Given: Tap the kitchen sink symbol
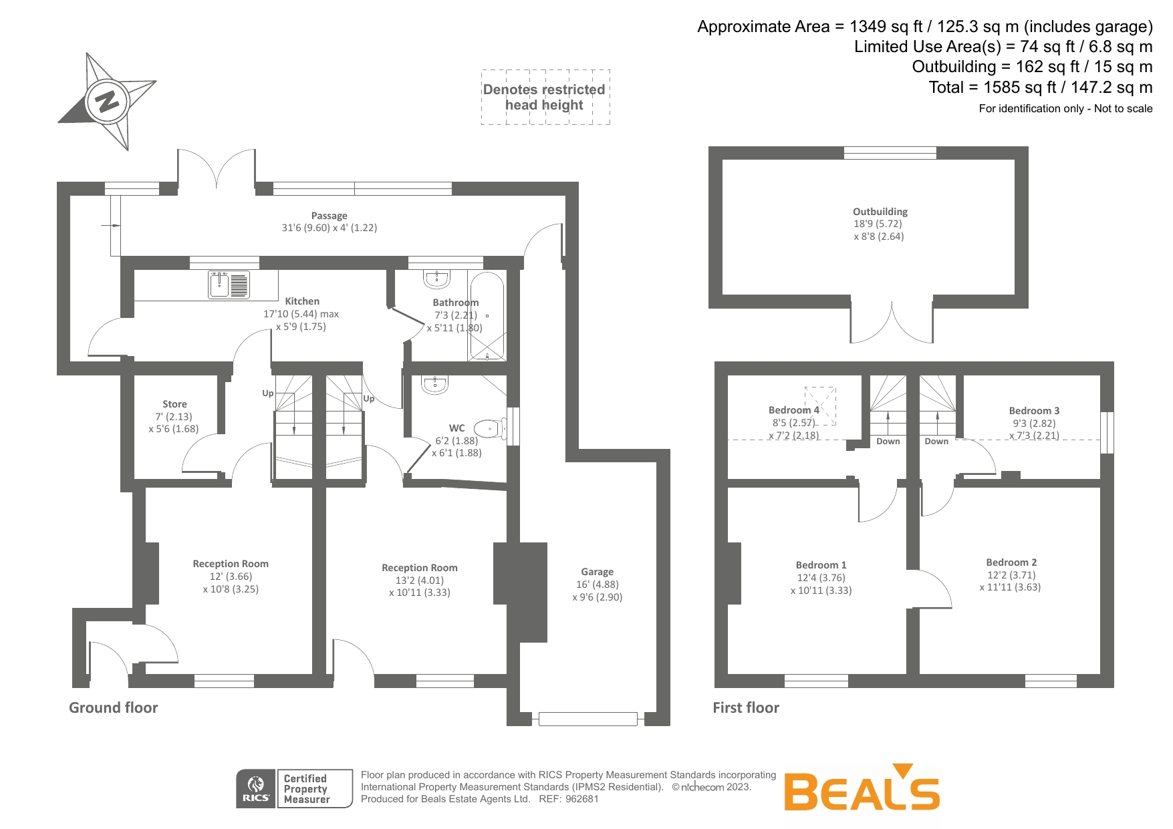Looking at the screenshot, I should click(x=229, y=285).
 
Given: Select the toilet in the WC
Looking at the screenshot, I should click(x=489, y=428).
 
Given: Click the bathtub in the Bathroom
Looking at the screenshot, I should click(x=487, y=316).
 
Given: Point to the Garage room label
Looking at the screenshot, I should click(x=597, y=572).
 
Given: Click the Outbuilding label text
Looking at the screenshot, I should click(x=880, y=212).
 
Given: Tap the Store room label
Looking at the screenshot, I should click(x=174, y=404).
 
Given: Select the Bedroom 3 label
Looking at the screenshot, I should click(x=1034, y=411).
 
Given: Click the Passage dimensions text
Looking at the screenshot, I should click(x=329, y=228).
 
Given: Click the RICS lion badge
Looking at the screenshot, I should click(x=256, y=788).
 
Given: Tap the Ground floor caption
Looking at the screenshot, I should click(x=114, y=707).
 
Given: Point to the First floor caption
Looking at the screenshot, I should click(x=746, y=707).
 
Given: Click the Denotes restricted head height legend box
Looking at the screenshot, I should click(x=545, y=98).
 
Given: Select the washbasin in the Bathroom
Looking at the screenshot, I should click(x=437, y=278).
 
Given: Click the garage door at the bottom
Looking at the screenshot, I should click(x=588, y=719).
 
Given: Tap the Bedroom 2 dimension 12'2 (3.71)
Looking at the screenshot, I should click(x=1011, y=574).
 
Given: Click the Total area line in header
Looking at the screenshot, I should click(x=1040, y=88).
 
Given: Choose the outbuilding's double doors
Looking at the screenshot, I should click(x=892, y=324).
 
